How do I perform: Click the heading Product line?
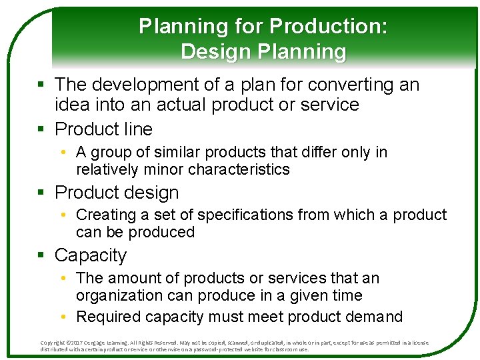103,129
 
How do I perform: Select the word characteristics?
239,169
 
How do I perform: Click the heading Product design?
117,193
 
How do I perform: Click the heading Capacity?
90,255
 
